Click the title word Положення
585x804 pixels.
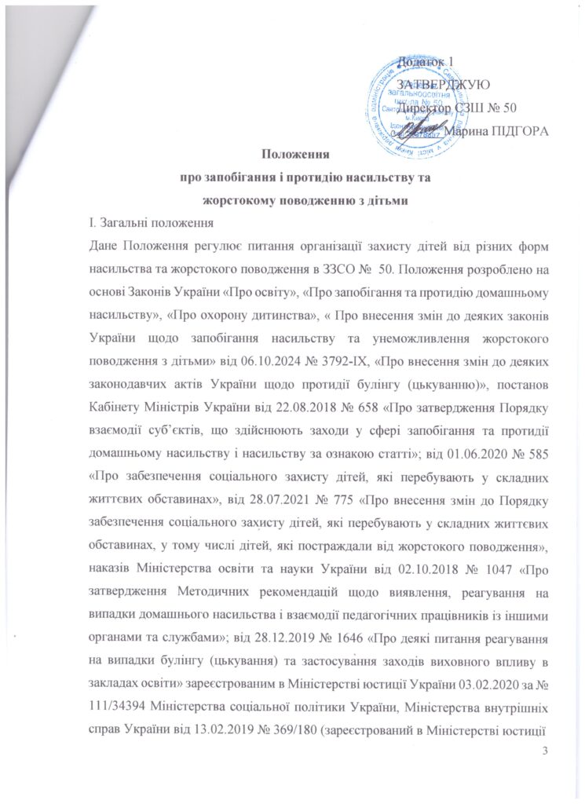pos(294,155)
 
